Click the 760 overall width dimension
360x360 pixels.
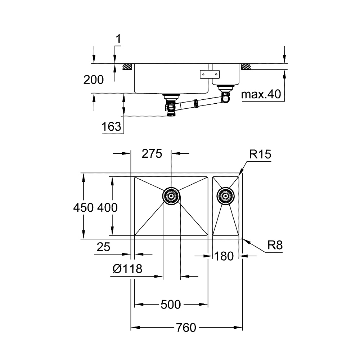click(x=186, y=328)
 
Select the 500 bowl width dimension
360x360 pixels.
click(x=171, y=305)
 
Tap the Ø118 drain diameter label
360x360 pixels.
click(x=127, y=268)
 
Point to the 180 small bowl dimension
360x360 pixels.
click(x=224, y=256)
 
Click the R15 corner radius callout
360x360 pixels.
click(x=260, y=155)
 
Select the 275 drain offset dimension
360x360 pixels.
click(x=152, y=154)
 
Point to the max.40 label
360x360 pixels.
click(x=261, y=95)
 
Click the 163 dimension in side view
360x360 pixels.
click(x=111, y=126)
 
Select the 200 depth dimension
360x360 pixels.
click(x=93, y=80)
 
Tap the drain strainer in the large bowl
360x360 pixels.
click(x=171, y=195)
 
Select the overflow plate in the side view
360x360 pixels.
click(x=209, y=74)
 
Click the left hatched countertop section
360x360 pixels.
click(x=127, y=67)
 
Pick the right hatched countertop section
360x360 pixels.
click(x=247, y=67)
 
